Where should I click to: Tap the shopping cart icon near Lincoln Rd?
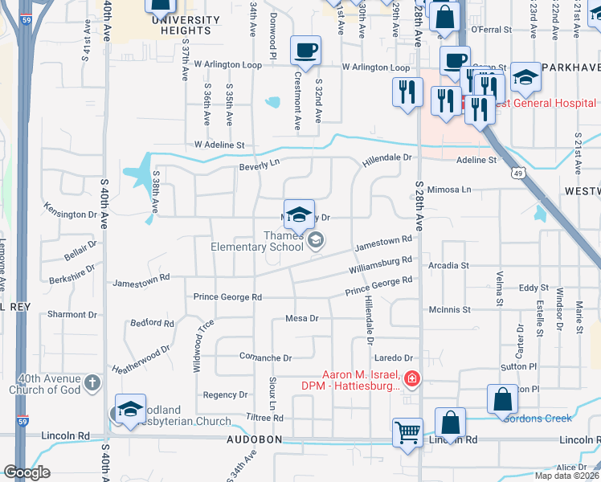pos(407,432)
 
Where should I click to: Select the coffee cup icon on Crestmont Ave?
pos(305,51)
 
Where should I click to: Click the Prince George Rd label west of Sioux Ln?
pos(227,297)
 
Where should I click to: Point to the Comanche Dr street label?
pos(265,357)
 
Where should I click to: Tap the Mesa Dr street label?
pos(302,319)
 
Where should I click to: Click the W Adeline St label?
pos(219,145)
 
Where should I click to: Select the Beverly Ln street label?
pos(258,166)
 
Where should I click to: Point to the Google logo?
pos(27,472)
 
